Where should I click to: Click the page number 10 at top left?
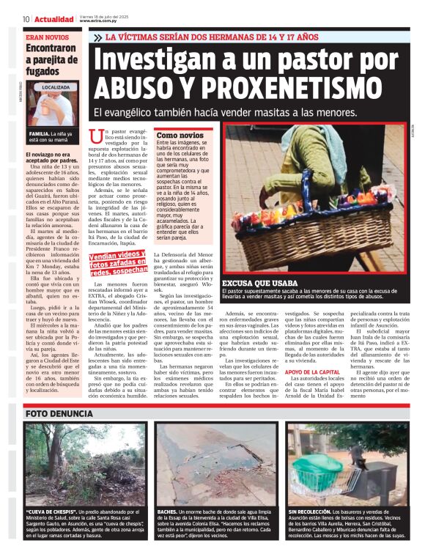[26, 18]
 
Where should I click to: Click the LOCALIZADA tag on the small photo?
[56, 87]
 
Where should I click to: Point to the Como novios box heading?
[180, 136]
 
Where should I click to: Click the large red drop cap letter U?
[95, 137]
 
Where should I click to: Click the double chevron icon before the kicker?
[98, 37]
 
